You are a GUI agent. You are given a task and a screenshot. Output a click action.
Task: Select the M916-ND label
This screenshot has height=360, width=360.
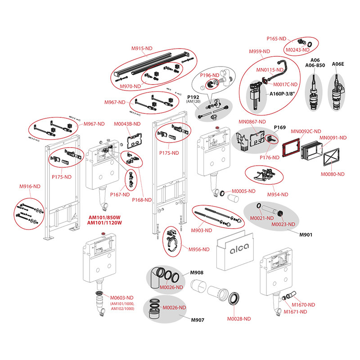coord(30,185)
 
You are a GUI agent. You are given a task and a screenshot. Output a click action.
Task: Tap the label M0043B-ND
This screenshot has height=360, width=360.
coord(127,124)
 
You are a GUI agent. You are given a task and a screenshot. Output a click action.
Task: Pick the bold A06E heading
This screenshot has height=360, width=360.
coord(337,64)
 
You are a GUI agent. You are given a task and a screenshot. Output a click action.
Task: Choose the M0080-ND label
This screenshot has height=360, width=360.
coord(332,174)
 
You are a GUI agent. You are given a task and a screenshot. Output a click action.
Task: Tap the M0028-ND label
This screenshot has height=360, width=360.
coord(238,318)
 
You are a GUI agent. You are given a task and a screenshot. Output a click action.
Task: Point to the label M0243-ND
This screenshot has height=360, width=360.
coord(297,49)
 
